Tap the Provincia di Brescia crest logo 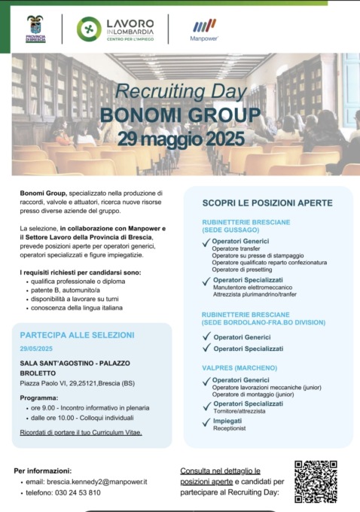click(35, 29)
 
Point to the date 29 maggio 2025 click(181, 139)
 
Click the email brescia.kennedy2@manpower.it click(89, 481)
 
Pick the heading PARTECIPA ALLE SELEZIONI click(78, 334)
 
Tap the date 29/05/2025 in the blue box click(35, 349)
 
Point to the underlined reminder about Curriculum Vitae click(81, 433)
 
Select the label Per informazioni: click(43, 471)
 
